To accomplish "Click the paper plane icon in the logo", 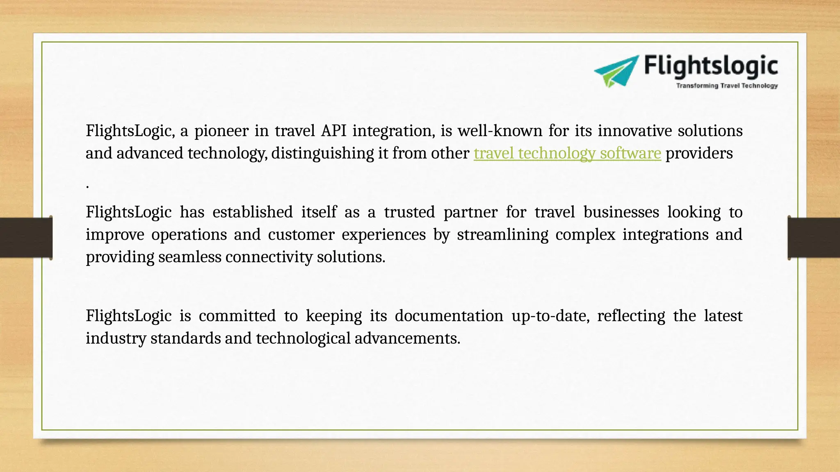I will (x=616, y=71).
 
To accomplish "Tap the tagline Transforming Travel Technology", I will (x=727, y=86).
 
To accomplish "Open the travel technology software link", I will (x=567, y=153).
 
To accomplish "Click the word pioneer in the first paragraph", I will (x=221, y=131).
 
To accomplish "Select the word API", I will (x=333, y=131).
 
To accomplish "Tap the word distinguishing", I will (x=322, y=154).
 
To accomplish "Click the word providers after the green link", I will (x=699, y=153).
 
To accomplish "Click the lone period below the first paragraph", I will (x=88, y=187).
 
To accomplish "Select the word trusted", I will (x=409, y=212).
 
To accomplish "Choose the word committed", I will (x=237, y=316).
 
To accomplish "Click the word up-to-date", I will (x=550, y=316).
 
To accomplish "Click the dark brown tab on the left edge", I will (x=26, y=238).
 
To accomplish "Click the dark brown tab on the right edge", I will (x=814, y=238).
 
